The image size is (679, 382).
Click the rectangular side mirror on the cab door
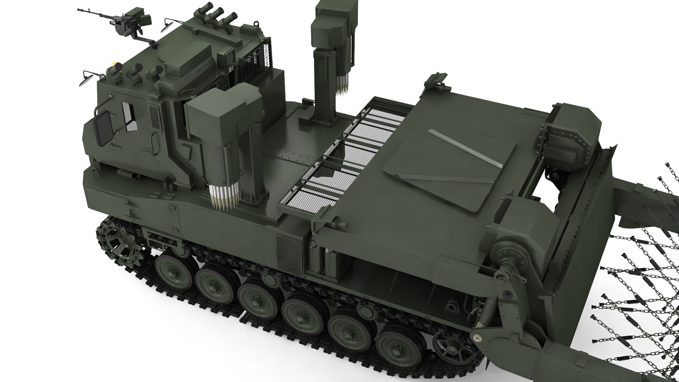pos(103,127)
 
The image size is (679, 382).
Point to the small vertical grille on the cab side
pos(154,117)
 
